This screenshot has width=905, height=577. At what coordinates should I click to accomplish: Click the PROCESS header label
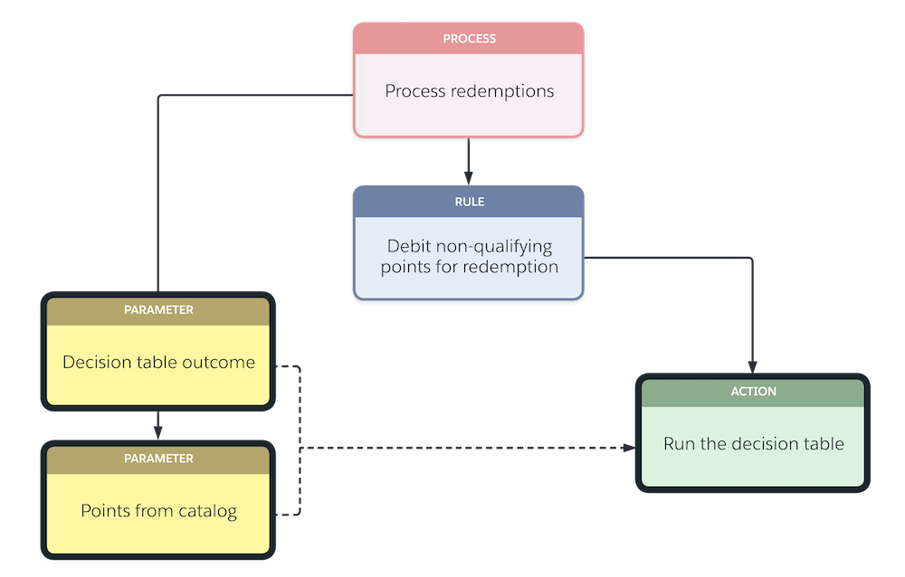coord(469,39)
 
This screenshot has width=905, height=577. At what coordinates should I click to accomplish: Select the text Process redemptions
coord(469,91)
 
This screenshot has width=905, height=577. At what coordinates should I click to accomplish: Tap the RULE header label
coord(469,202)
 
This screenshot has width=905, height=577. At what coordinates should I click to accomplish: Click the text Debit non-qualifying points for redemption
coord(469,256)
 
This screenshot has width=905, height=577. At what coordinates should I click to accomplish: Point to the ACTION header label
coord(753,392)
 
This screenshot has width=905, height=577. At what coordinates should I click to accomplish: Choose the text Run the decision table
coord(753,444)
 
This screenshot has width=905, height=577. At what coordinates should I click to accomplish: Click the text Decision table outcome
coord(158,363)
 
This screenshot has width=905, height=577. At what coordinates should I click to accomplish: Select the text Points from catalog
coord(158,511)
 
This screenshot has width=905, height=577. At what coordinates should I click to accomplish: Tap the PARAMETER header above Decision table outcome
coord(158,309)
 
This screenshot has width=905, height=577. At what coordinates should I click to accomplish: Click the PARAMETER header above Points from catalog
coord(158,459)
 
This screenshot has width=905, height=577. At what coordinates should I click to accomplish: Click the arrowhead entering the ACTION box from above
coord(752,365)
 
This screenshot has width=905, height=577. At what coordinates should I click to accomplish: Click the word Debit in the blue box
coord(409,246)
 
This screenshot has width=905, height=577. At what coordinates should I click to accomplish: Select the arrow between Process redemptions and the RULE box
coord(468,160)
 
